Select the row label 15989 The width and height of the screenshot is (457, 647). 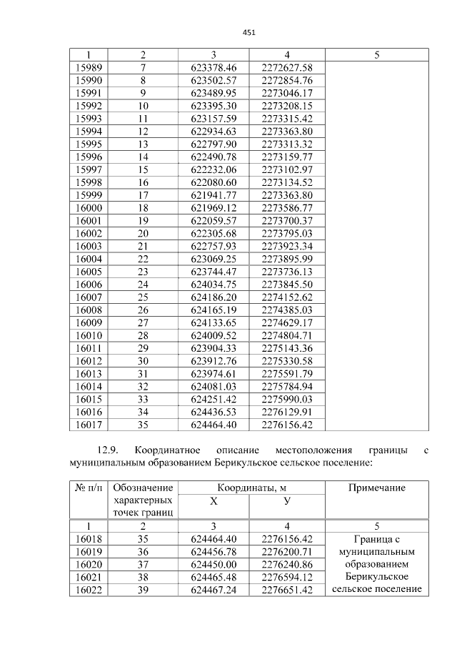click(88, 68)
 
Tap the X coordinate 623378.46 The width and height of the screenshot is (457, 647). click(214, 68)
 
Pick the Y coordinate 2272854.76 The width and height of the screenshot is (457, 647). click(287, 81)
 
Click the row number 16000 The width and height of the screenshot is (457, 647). click(88, 208)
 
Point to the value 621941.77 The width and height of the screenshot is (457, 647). click(214, 195)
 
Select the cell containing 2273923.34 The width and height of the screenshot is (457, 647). click(287, 246)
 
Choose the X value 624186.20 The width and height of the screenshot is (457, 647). click(214, 297)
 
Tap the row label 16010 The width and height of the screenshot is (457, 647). click(88, 335)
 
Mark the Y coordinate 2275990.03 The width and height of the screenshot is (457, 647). click(287, 399)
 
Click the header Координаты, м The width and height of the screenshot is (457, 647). click(251, 488)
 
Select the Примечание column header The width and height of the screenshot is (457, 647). click(376, 488)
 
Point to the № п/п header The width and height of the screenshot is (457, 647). click(88, 488)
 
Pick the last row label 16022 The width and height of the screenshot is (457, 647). click(88, 590)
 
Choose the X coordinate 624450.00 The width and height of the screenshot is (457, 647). click(214, 564)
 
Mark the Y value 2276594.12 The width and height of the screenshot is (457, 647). click(287, 577)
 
